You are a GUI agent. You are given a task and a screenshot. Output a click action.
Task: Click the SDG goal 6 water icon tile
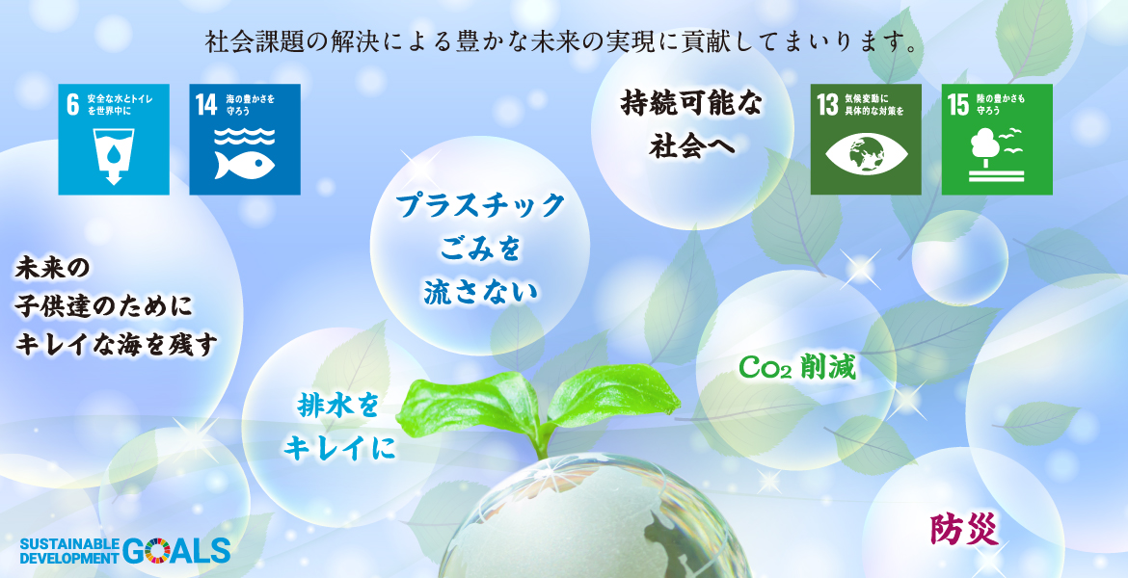click(114, 140)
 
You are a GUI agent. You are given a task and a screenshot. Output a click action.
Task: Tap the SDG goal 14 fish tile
click(245, 140)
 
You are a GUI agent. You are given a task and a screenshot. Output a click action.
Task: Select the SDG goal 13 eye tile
click(866, 140)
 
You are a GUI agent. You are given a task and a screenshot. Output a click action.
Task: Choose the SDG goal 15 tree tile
click(997, 140)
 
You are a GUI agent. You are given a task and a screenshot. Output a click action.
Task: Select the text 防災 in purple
click(965, 531)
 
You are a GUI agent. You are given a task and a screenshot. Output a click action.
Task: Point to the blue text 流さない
click(480, 292)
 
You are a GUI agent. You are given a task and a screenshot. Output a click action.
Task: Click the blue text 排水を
click(337, 407)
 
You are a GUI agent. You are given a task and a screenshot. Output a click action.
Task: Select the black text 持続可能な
click(690, 105)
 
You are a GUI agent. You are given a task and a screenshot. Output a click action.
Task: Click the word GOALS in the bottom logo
click(176, 550)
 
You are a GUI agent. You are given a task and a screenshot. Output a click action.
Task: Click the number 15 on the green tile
click(959, 105)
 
